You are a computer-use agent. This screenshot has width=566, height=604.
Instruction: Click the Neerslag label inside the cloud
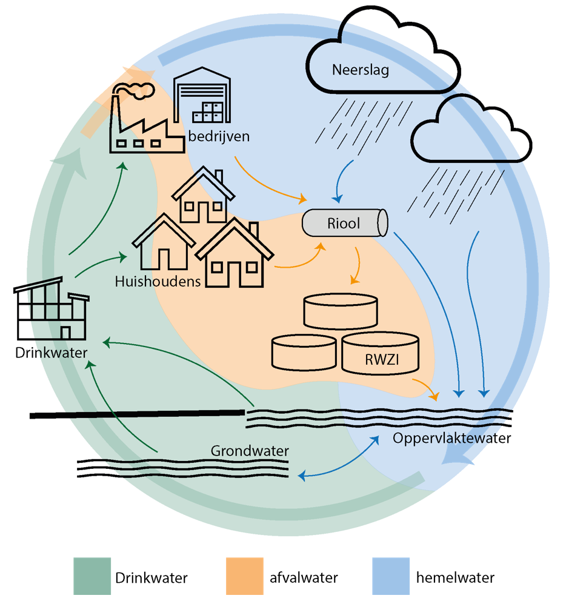(360, 70)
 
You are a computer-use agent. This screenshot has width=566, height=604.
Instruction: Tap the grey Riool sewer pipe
(344, 224)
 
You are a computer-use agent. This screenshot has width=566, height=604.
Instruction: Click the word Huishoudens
(158, 281)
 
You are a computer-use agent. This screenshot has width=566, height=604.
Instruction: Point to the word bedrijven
(218, 136)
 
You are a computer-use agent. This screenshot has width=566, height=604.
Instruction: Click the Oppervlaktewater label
(451, 438)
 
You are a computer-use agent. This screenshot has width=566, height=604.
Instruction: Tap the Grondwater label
(250, 451)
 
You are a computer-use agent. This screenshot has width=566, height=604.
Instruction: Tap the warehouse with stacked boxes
(202, 99)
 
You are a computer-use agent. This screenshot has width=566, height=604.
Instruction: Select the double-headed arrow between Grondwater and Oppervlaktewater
(337, 460)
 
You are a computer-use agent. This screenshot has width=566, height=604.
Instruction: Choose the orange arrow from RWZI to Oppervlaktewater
(427, 388)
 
